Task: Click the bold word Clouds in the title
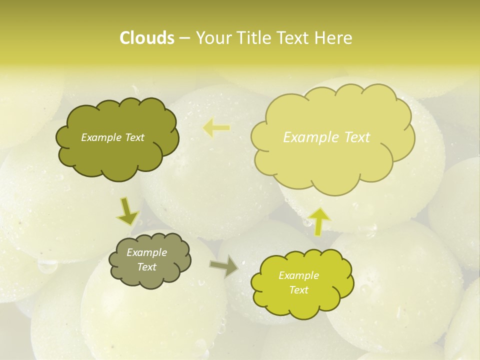point(147,38)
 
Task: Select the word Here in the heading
point(334,38)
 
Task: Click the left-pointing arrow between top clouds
point(216,128)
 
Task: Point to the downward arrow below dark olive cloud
point(127,211)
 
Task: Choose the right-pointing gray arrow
point(224,266)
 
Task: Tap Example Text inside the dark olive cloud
point(112,137)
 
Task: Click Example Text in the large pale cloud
point(326,137)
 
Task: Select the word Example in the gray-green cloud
point(146,252)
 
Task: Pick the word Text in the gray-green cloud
point(146,267)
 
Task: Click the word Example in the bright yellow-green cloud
point(298,275)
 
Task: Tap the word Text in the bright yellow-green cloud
point(298,290)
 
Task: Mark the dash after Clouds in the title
point(184,38)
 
